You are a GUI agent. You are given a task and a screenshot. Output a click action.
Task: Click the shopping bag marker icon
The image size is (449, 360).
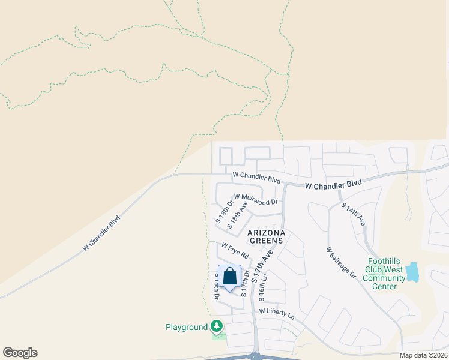pyautogui.click(x=229, y=277)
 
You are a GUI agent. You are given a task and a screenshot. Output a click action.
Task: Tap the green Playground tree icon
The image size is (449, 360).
pyautogui.click(x=217, y=326)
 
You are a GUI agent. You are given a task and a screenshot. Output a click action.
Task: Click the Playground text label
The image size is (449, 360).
pyautogui.click(x=186, y=327)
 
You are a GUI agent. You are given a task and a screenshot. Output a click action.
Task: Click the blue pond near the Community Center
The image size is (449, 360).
pyautogui.click(x=412, y=272)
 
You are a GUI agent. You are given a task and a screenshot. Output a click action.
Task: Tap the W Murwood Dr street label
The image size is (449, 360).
pyautogui.click(x=256, y=199)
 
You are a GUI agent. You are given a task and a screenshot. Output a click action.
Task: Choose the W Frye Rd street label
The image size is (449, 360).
pyautogui.click(x=234, y=250)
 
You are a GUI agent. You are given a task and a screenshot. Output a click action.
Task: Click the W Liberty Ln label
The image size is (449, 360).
pyautogui.click(x=277, y=313)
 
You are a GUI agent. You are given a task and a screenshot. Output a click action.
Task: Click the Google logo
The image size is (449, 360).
pyautogui.click(x=20, y=353)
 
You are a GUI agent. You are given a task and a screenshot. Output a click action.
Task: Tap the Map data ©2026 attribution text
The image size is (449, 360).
pyautogui.click(x=423, y=355)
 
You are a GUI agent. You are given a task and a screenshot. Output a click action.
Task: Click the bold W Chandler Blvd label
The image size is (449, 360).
pyautogui.click(x=333, y=184)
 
